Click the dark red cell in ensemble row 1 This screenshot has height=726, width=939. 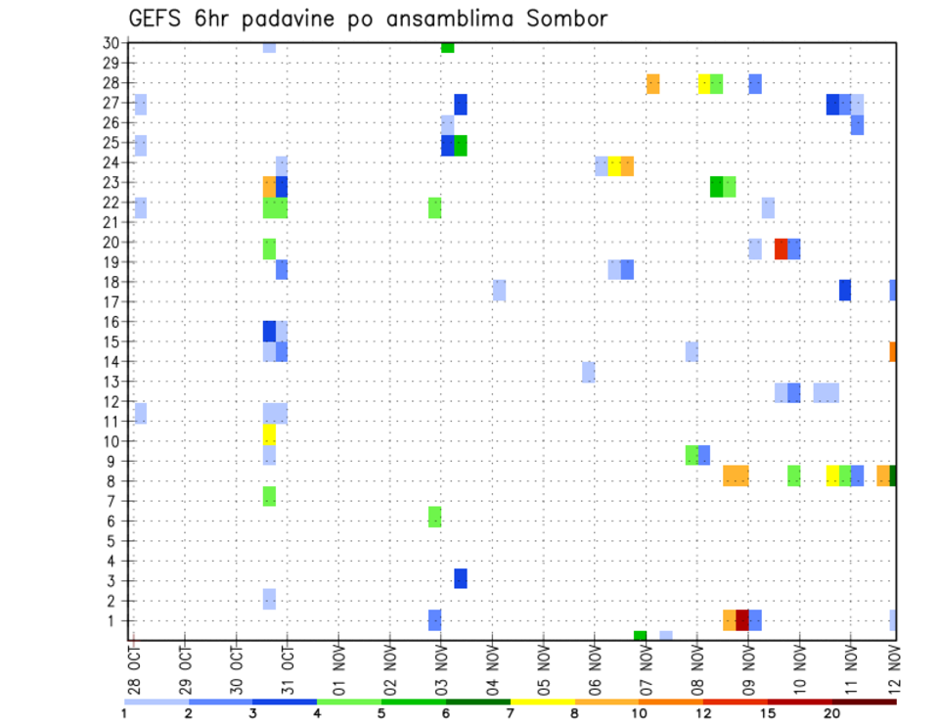(742, 620)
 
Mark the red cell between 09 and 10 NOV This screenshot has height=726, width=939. (782, 249)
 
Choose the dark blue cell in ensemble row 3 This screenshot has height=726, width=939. (461, 578)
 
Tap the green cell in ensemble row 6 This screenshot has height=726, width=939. (434, 517)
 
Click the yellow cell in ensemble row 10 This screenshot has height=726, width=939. (269, 434)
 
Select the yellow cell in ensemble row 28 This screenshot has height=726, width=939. (704, 83)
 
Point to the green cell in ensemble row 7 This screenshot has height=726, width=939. (269, 496)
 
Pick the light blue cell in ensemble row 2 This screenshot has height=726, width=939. (269, 599)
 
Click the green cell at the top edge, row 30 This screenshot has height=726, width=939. (447, 47)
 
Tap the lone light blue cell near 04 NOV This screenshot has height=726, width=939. (499, 290)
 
